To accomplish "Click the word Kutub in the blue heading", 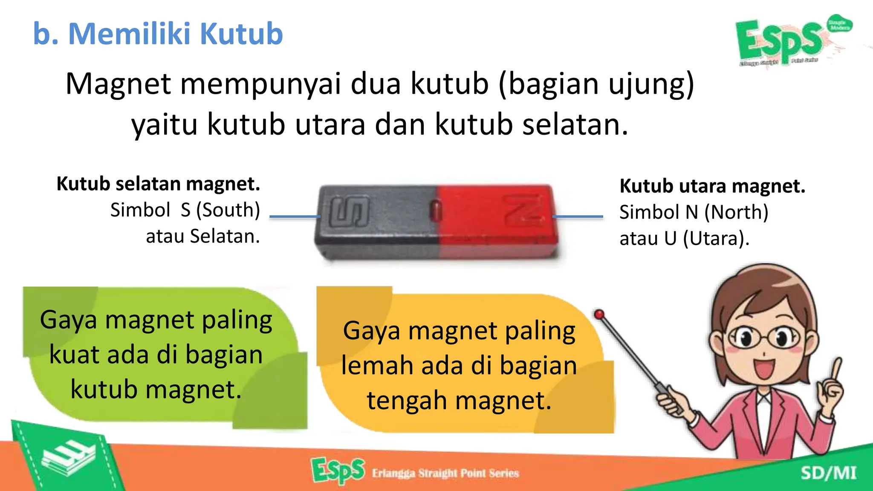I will (241, 34).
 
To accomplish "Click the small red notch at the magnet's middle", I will (436, 210).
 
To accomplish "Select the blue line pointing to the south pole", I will (295, 217).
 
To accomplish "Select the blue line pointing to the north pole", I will (578, 217).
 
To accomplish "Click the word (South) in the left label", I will (228, 210).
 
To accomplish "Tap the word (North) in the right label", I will (736, 212).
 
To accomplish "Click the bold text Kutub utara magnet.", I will (712, 186).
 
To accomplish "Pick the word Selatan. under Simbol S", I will (225, 237).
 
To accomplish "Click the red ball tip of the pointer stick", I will (599, 315).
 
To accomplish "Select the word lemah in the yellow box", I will (376, 366).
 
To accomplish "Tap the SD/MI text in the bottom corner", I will (828, 473).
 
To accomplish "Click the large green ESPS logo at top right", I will (780, 40).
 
